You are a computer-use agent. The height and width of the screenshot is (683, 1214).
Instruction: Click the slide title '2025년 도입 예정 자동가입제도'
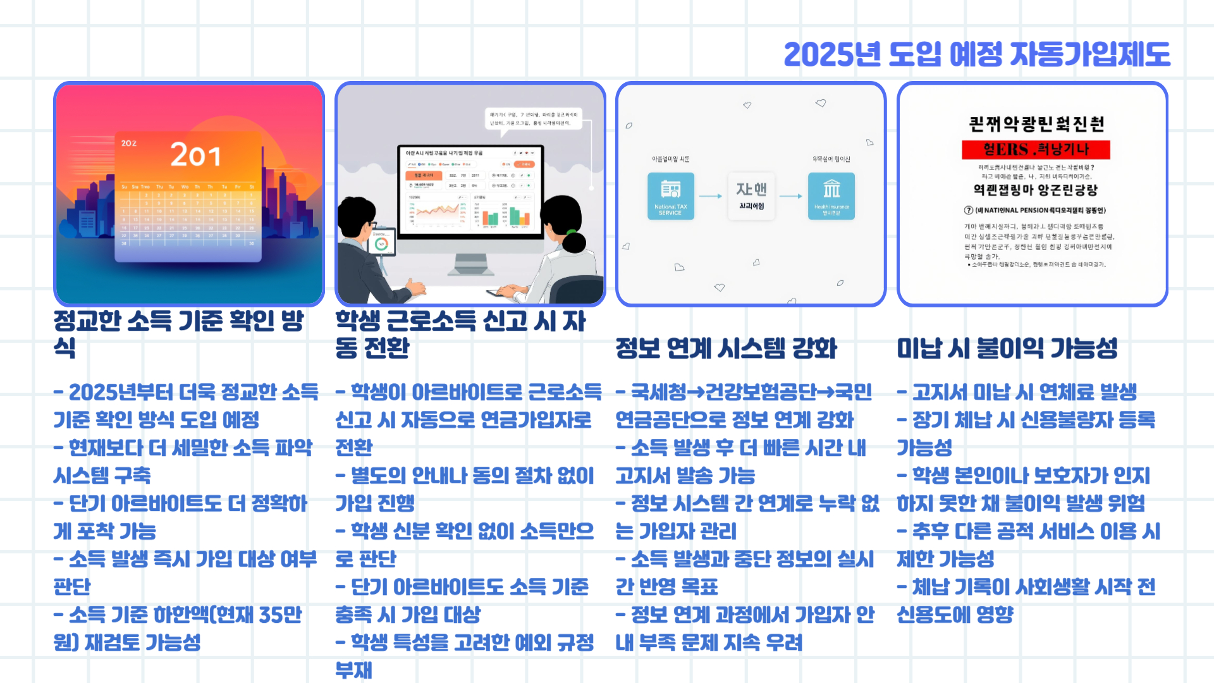(976, 54)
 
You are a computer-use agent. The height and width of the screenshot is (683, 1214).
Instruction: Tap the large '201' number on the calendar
(195, 156)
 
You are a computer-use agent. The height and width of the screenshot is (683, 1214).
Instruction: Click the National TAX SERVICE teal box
(670, 196)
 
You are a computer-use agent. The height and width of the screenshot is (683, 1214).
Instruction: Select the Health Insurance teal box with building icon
(831, 196)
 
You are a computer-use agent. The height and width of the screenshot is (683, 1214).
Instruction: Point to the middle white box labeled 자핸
(751, 196)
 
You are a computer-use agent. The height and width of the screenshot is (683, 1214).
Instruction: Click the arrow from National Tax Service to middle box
(711, 196)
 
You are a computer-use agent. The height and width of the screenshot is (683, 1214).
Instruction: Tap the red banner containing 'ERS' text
(1036, 150)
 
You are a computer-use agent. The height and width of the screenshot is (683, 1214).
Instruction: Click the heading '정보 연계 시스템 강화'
(726, 348)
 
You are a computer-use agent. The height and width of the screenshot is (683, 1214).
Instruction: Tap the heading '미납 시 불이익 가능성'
(1007, 348)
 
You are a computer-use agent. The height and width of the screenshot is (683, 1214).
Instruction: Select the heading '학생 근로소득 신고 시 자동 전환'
(460, 334)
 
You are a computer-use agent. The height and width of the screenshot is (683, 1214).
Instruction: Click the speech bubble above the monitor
(534, 119)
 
